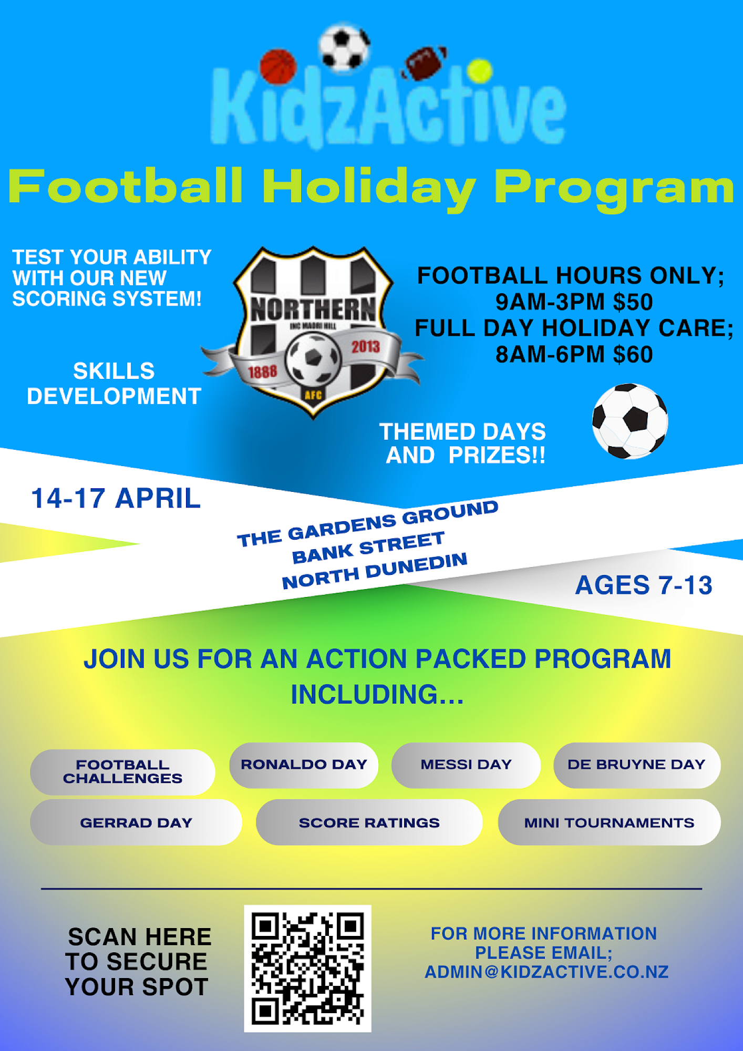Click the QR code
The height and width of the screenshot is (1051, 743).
tap(307, 968)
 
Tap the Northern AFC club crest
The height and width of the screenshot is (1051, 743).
tap(313, 332)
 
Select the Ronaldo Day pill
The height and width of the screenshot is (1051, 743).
tap(304, 765)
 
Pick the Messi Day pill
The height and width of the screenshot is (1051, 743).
tap(466, 765)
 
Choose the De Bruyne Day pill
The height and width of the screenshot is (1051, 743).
tap(636, 765)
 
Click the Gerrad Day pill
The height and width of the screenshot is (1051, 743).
tap(136, 822)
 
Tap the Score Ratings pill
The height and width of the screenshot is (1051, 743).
tap(369, 822)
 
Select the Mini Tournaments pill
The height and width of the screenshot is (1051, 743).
tap(609, 822)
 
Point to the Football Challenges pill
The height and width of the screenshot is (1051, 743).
tap(122, 771)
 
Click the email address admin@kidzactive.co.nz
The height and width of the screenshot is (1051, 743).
tap(546, 972)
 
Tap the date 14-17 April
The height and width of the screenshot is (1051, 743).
tap(116, 498)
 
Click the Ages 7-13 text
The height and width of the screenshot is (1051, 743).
tap(644, 585)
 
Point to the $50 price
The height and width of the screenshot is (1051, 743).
tap(633, 302)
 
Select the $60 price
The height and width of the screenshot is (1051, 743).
tap(633, 355)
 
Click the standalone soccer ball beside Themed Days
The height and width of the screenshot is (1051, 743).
tap(630, 421)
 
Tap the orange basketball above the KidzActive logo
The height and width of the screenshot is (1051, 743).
tap(278, 67)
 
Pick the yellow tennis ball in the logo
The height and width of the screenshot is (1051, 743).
tap(479, 71)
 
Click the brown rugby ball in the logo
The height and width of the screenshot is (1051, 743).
tap(424, 63)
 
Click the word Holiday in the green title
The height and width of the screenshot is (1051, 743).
tap(370, 188)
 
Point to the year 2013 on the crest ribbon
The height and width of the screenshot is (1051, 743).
tap(366, 347)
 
